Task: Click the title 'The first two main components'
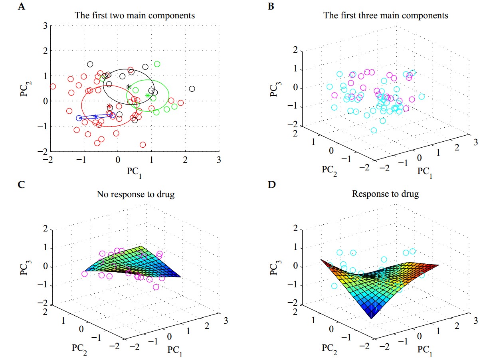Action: coord(135,16)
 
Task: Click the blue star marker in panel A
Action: coord(96,117)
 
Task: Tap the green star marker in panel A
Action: coord(148,95)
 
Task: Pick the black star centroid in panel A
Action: coord(129,87)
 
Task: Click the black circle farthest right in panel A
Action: coord(192,89)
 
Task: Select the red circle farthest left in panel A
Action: coord(53,86)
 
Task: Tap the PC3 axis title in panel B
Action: coord(275,88)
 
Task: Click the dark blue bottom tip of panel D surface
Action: coord(371,317)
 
